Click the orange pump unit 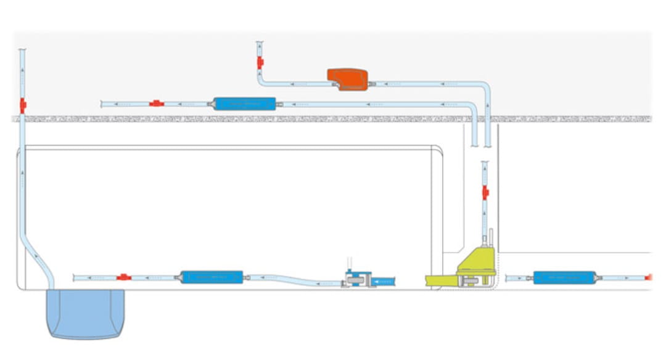(348, 80)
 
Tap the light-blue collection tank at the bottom (86, 314)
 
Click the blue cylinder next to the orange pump (244, 104)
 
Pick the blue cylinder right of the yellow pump (564, 277)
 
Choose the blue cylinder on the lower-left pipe (212, 277)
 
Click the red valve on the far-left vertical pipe (23, 105)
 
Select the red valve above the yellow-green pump (485, 193)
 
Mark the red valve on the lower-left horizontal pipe (124, 277)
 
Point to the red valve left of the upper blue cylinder (157, 104)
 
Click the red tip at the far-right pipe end (648, 277)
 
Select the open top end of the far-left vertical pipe (23, 50)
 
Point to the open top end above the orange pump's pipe (260, 43)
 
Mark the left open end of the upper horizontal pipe (102, 104)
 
